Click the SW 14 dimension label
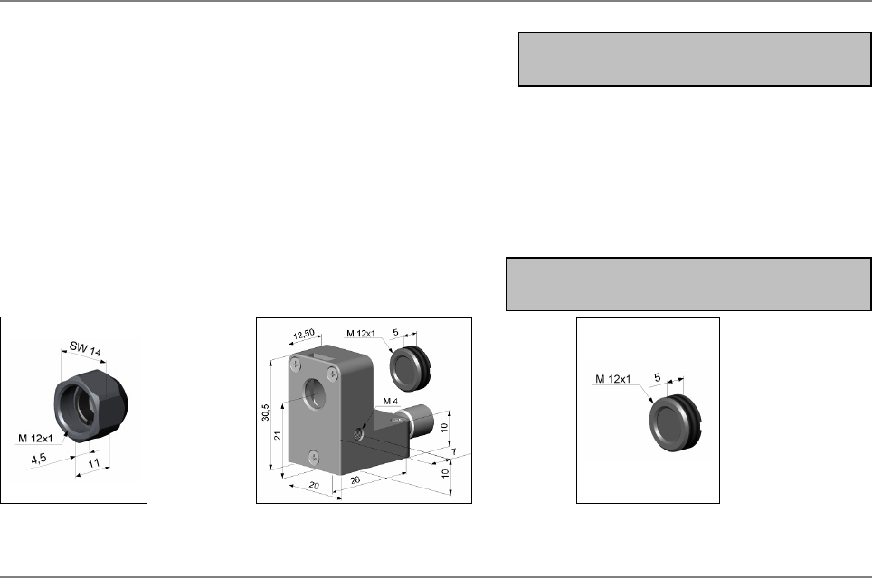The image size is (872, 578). (85, 349)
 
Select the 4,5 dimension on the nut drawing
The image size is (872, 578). (39, 459)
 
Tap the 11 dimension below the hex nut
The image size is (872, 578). (94, 463)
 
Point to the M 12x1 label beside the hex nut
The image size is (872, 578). (35, 439)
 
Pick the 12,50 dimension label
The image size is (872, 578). (304, 335)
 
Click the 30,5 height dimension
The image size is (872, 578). (266, 412)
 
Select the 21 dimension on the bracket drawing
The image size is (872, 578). (278, 435)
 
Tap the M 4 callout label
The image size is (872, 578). (391, 401)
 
